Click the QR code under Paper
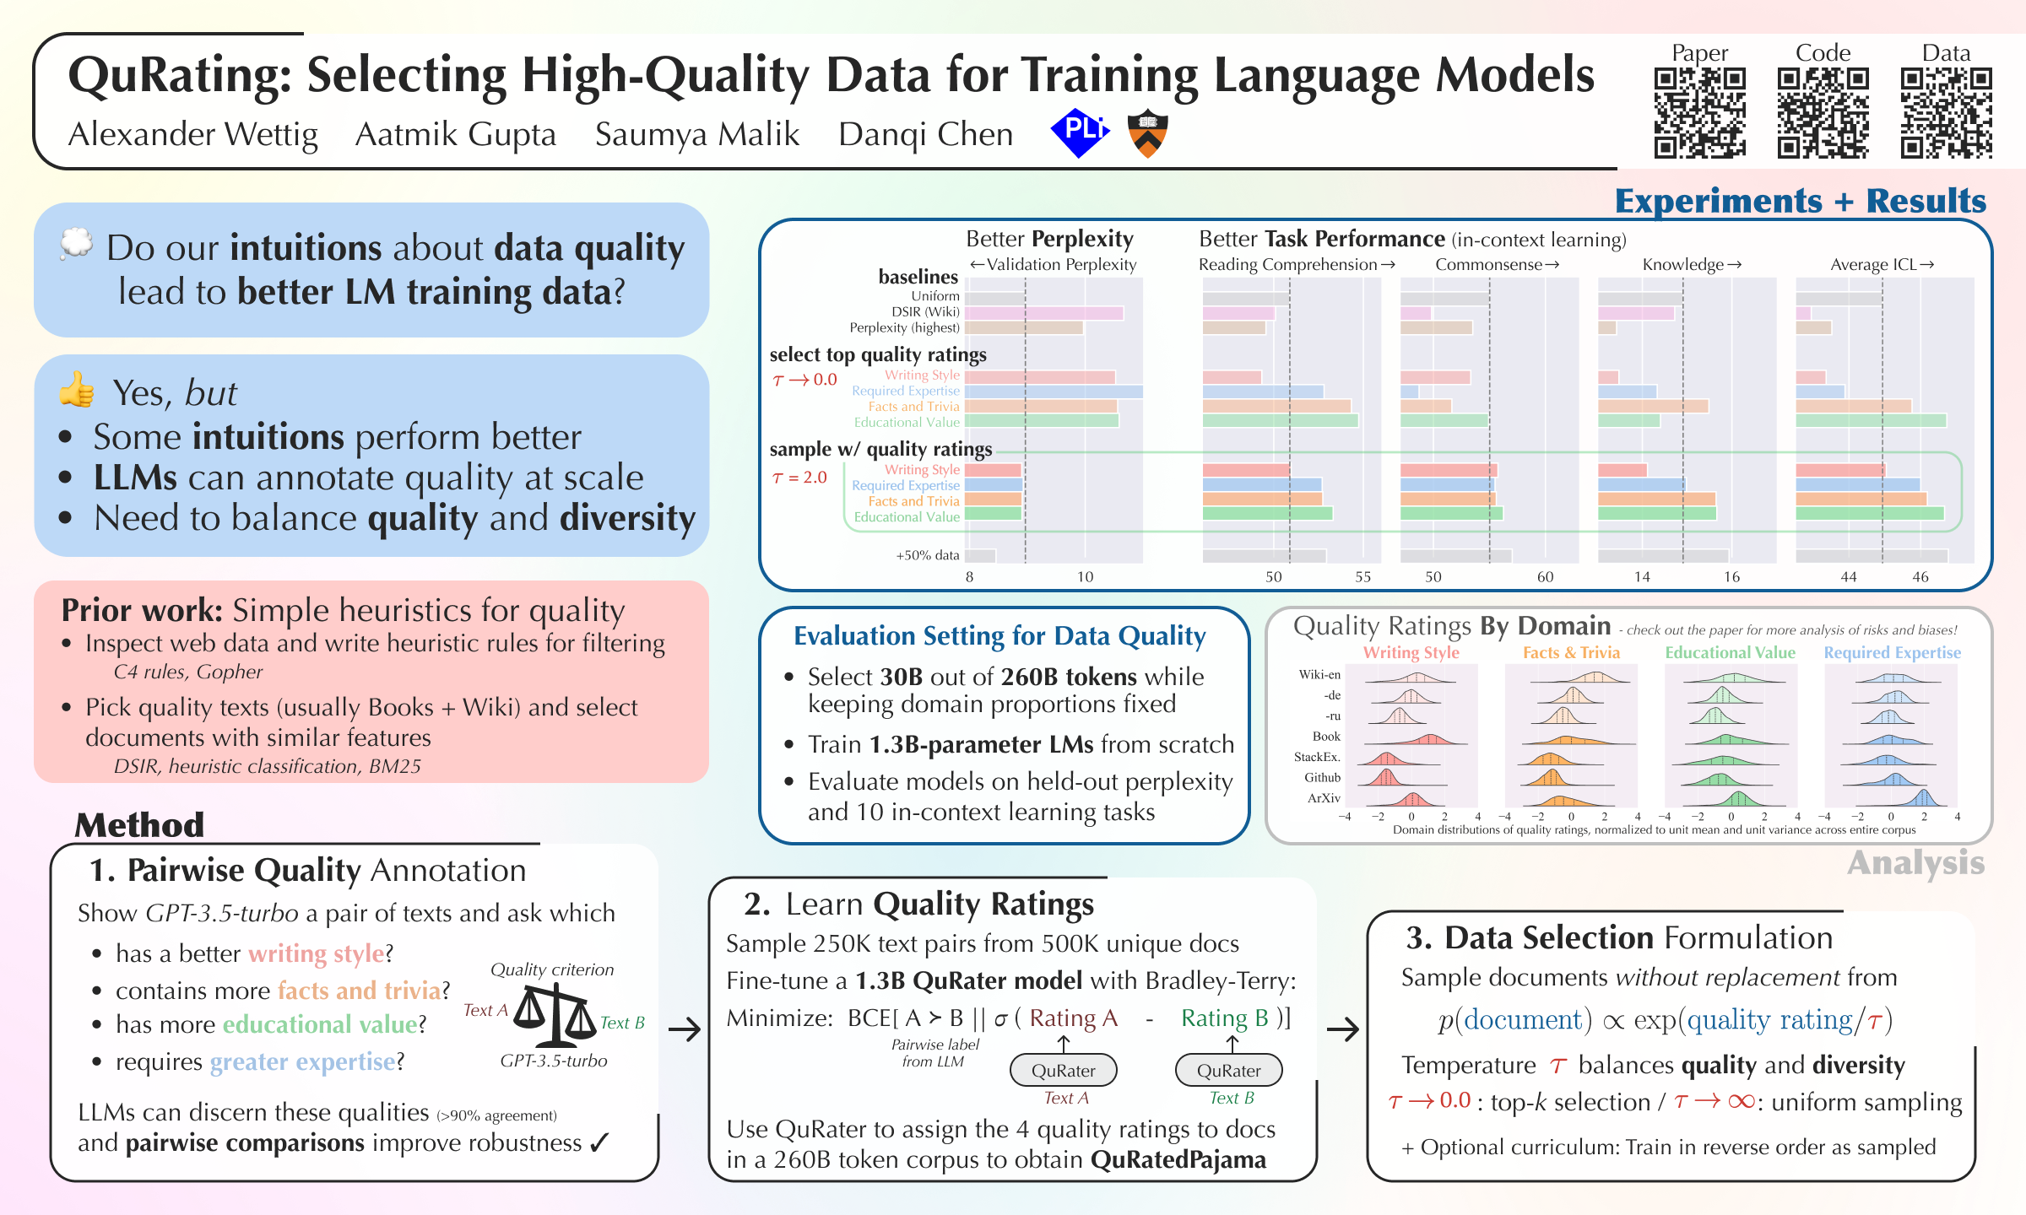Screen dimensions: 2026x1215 click(x=1699, y=113)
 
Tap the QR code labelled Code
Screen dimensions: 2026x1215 click(x=1823, y=113)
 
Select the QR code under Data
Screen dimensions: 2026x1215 click(x=1947, y=113)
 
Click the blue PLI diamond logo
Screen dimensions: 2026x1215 click(x=1080, y=132)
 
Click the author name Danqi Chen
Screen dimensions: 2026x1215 click(x=925, y=135)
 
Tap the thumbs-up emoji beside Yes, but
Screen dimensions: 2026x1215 click(x=77, y=390)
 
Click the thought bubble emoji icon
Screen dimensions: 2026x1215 click(x=76, y=244)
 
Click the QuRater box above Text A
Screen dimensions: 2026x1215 click(x=1063, y=1070)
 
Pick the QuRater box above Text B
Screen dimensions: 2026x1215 click(x=1228, y=1070)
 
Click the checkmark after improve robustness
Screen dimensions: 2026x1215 click(x=599, y=1143)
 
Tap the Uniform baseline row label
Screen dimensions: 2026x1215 click(x=935, y=296)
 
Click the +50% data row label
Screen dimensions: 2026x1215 click(x=928, y=555)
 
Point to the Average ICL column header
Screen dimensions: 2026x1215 click(x=1882, y=264)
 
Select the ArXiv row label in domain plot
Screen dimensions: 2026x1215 click(x=1324, y=797)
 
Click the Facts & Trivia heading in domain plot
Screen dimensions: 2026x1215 click(x=1571, y=652)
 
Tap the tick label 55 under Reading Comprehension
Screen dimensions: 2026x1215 click(x=1362, y=577)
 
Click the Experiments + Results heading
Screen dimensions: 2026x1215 click(x=1800, y=201)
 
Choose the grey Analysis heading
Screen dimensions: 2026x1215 click(x=1915, y=863)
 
